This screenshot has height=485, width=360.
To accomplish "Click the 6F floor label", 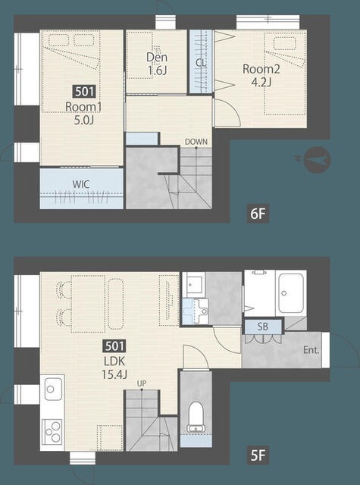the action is click(258, 214).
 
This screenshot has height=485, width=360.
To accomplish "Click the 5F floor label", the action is click(258, 455).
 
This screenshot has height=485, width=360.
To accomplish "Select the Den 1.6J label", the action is click(157, 64).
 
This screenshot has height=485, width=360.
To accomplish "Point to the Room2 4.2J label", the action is click(261, 75).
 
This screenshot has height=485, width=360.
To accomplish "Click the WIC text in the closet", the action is click(81, 184).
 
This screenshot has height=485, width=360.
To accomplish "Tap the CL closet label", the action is click(200, 63).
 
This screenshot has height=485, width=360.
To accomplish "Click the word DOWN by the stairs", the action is click(196, 142).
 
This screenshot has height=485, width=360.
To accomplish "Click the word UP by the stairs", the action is click(142, 383).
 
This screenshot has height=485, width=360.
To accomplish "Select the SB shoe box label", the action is click(262, 327).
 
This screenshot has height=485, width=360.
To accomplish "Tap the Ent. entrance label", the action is click(311, 350).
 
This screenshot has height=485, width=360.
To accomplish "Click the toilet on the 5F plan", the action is click(196, 417).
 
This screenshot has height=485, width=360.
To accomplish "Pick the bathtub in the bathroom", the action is click(290, 293).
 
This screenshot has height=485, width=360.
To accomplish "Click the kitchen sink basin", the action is click(53, 389).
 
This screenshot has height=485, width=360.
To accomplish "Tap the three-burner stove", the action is click(52, 431).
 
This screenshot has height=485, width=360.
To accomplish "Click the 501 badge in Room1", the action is click(84, 92).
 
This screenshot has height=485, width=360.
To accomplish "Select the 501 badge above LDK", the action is click(114, 346).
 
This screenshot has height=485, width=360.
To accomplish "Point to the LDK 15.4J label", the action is click(114, 368).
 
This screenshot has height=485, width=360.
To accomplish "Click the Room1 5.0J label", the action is click(83, 114).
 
